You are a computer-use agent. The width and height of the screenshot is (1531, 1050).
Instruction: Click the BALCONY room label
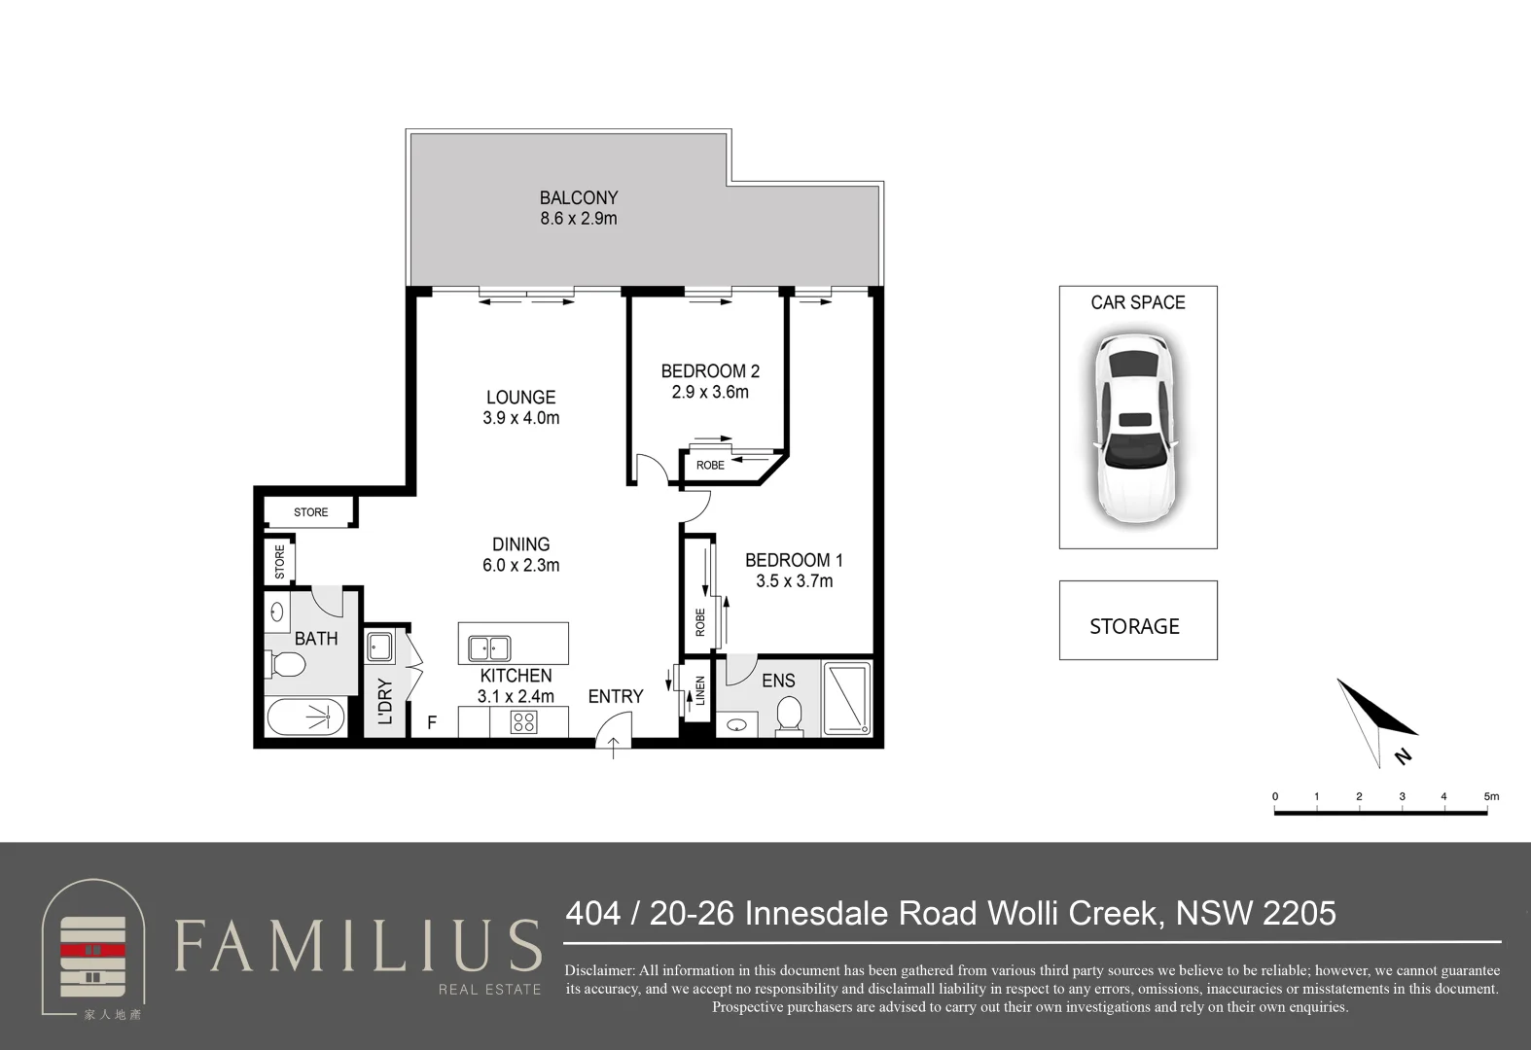579,197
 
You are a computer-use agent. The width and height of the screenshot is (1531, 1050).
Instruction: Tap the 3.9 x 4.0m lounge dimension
520,418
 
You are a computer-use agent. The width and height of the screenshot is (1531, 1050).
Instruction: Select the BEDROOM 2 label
710,370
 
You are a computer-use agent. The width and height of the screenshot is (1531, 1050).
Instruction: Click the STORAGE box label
1134,626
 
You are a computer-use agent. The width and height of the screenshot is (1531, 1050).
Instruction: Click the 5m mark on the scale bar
1490,796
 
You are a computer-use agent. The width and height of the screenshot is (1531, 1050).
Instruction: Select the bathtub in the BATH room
305,717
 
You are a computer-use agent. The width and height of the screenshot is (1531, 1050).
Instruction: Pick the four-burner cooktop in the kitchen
523,722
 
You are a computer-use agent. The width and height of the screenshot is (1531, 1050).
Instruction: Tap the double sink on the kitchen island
489,647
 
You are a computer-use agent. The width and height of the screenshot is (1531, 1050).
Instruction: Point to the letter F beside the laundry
432,722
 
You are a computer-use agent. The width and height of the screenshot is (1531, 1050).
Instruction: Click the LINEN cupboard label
699,691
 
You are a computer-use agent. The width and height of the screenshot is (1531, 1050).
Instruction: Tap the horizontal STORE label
310,512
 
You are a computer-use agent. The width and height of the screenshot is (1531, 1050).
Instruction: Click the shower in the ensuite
847,698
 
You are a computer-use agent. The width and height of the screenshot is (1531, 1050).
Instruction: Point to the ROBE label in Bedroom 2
710,466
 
